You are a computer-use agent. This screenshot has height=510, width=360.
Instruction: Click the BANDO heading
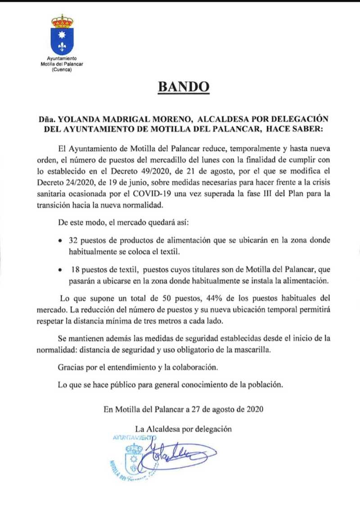184,86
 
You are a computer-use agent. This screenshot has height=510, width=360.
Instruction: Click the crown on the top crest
62,21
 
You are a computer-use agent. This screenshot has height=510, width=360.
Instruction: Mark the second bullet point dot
60,270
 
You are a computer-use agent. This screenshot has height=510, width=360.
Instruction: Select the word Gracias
71,368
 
